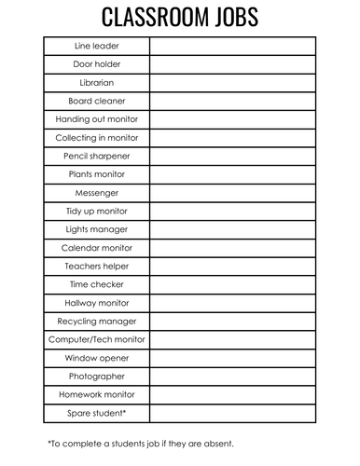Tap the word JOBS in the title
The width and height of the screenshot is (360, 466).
[230, 18]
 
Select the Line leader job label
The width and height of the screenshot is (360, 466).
[97, 46]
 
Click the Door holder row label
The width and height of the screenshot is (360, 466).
[97, 64]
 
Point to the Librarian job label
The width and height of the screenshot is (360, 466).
[97, 83]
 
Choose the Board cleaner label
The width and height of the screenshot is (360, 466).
[97, 101]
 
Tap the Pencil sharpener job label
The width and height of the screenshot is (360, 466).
[97, 156]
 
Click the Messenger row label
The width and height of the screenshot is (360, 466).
[97, 193]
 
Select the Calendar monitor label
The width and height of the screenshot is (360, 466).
[97, 248]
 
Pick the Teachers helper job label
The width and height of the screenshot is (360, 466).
[97, 267]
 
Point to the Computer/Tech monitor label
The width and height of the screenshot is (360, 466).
[97, 339]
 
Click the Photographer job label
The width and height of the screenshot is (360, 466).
[97, 377]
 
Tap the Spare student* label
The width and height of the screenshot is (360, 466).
[97, 413]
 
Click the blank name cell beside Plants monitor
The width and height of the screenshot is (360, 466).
[232, 174]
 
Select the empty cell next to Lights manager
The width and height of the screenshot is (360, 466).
[232, 229]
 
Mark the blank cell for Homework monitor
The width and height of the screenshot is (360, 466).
[232, 394]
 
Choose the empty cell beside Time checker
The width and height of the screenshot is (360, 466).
[232, 284]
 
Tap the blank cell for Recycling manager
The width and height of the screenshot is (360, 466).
[232, 322]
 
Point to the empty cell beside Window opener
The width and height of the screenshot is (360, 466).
[232, 358]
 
